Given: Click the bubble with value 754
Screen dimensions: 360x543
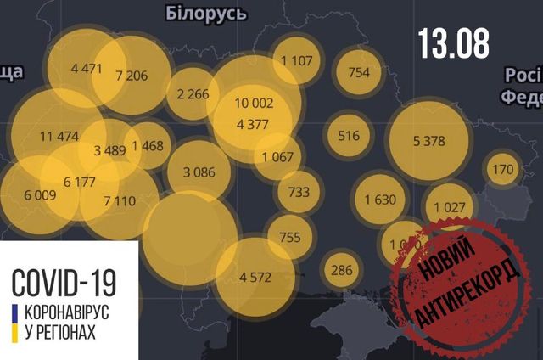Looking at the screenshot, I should tap(359, 72).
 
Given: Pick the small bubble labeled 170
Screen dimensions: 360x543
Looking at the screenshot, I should tap(503, 170).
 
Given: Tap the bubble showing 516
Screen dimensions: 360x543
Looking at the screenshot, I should tap(349, 135).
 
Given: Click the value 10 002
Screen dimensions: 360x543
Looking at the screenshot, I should tap(255, 103).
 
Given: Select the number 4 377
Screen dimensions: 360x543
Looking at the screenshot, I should tap(253, 125).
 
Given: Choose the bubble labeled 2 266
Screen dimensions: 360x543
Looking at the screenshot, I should tap(193, 94).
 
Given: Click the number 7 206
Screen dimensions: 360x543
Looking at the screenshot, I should tap(132, 76).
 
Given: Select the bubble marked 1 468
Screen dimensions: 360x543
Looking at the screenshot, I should tap(146, 145).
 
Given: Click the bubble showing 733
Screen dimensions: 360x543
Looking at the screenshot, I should tap(299, 192).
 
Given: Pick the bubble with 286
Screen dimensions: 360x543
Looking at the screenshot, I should tap(342, 271).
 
